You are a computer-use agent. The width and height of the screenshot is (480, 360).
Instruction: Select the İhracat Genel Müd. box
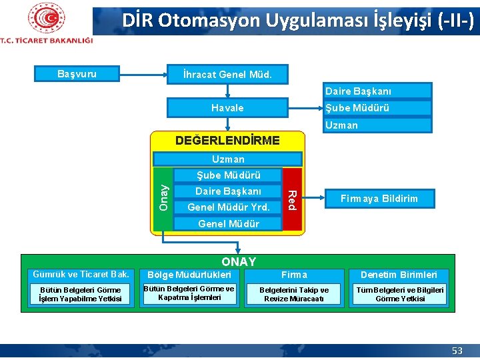click(227, 74)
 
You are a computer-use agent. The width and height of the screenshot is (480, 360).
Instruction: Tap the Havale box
click(227, 108)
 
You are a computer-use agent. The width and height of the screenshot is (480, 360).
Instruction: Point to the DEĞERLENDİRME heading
click(227, 141)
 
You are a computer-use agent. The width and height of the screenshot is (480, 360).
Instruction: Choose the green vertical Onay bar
click(162, 199)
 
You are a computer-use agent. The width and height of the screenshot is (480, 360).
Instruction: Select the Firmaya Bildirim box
click(379, 199)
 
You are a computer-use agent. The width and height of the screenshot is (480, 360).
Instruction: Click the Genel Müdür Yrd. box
click(228, 207)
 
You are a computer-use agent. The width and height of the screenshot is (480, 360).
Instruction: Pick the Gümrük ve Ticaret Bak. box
click(81, 275)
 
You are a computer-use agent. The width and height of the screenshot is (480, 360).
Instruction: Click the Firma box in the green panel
click(294, 275)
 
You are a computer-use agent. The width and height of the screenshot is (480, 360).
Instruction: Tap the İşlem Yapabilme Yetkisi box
click(81, 295)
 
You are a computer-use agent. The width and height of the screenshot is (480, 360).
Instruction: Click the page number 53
click(457, 351)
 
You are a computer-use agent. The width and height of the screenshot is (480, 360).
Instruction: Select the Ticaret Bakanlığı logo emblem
click(46, 18)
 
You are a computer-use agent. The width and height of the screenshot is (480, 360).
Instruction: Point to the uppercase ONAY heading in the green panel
click(238, 262)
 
